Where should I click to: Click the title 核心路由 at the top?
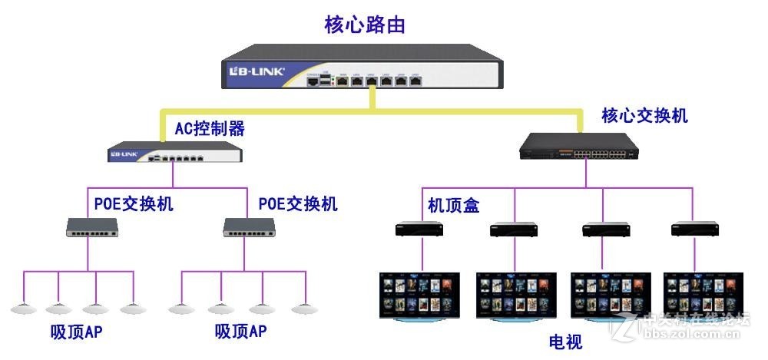click(365, 25)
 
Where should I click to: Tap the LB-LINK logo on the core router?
click(258, 71)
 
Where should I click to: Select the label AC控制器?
click(210, 128)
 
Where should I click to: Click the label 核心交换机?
click(644, 116)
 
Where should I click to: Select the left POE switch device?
click(94, 226)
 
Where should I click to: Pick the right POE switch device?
click(250, 226)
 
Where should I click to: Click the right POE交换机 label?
click(297, 204)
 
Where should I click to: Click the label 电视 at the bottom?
click(565, 342)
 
